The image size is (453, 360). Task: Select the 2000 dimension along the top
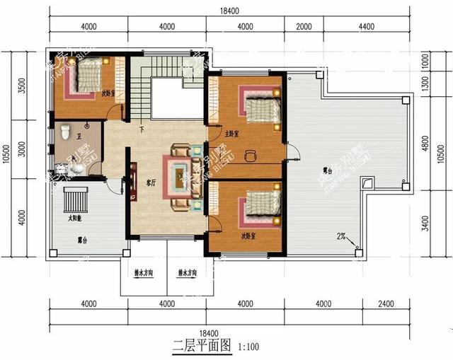304,27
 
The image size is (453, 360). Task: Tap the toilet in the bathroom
64,131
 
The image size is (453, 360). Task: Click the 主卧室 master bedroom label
231,133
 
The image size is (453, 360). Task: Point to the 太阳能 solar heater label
74,218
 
